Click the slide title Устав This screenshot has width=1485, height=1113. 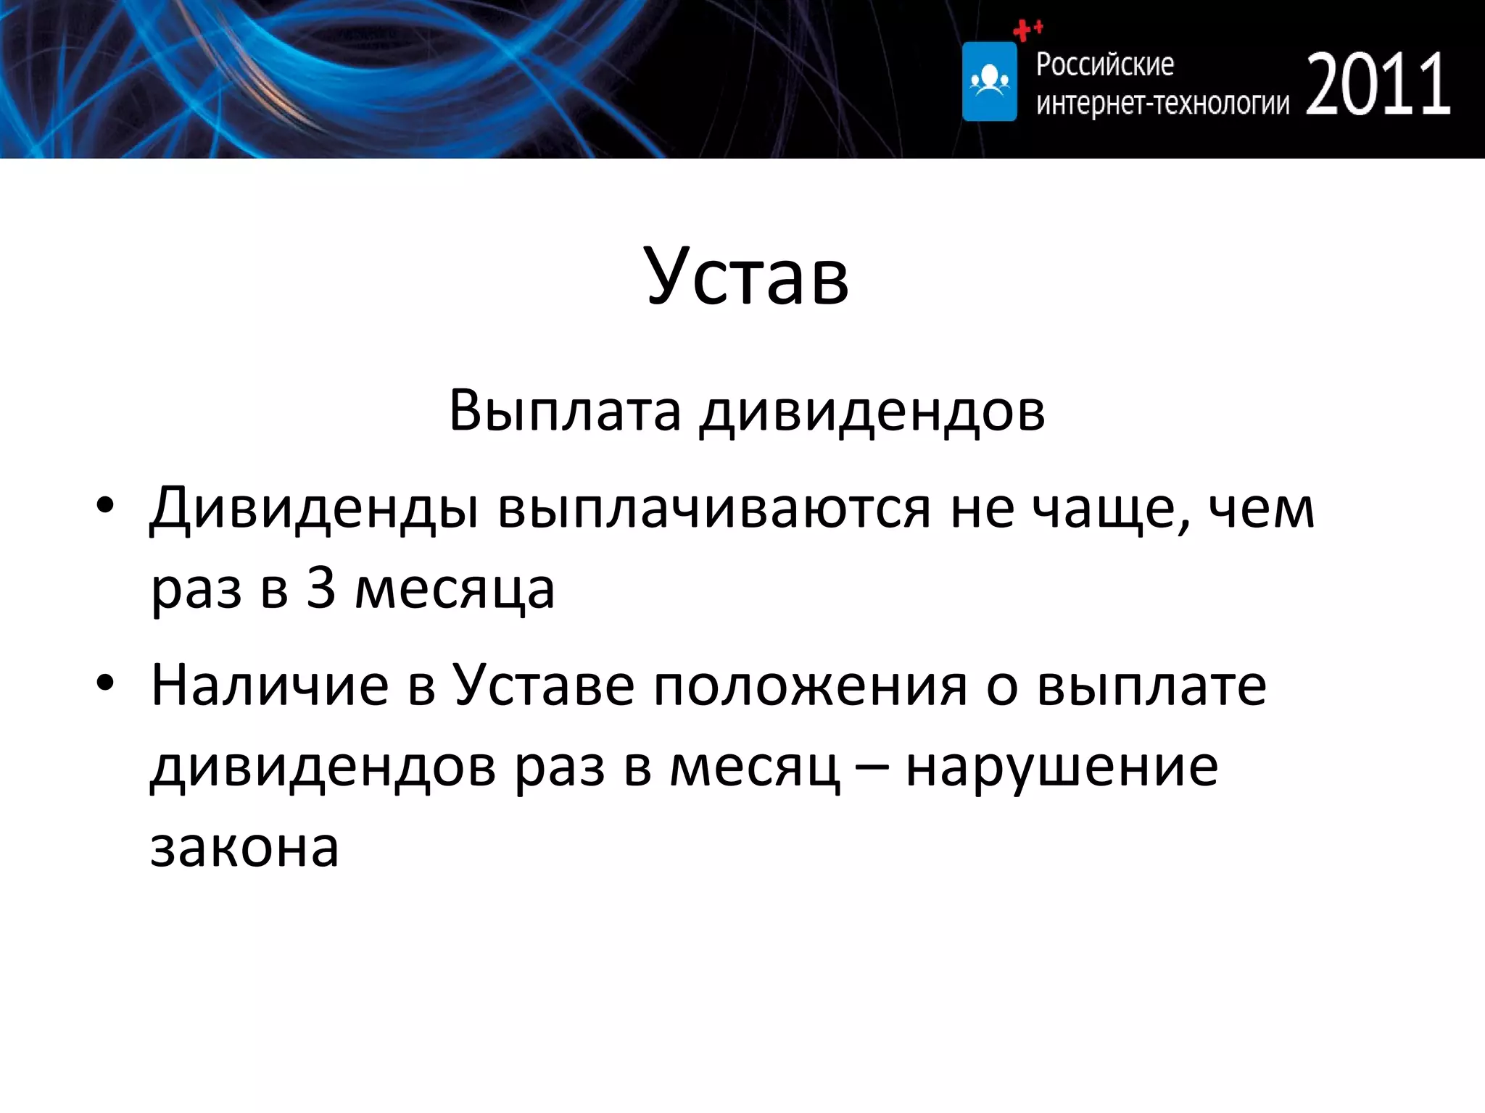[x=746, y=276]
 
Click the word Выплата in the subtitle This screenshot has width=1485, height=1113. [x=565, y=411]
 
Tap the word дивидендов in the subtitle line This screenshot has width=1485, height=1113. [x=872, y=412]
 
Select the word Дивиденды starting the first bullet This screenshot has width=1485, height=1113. [x=313, y=509]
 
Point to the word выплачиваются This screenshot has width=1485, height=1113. [x=713, y=509]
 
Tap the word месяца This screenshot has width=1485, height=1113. [x=455, y=590]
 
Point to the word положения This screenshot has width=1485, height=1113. [x=810, y=687]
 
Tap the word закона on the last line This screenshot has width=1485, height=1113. [x=244, y=848]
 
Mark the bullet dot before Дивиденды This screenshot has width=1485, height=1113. [x=105, y=506]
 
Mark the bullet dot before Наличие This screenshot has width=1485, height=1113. [x=105, y=683]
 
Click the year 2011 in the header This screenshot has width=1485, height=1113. [x=1378, y=86]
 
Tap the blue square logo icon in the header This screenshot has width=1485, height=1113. [x=989, y=81]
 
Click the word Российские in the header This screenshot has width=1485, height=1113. [x=1104, y=65]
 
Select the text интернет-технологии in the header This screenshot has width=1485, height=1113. [x=1162, y=104]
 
